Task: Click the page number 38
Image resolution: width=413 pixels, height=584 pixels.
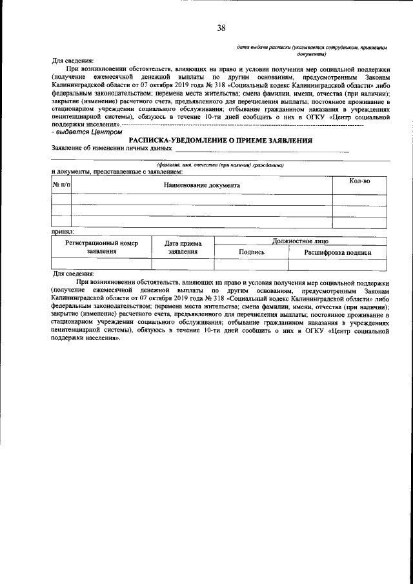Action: [221, 28]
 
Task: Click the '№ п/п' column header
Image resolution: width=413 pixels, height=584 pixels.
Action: [61, 185]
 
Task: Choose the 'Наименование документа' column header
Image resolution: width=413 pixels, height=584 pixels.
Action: [201, 185]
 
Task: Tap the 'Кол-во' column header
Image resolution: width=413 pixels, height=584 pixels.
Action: [359, 181]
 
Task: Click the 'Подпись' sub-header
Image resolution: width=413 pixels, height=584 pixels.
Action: [252, 252]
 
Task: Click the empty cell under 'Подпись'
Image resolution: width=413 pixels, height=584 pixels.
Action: [252, 263]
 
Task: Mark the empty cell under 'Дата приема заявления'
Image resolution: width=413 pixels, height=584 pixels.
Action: [183, 263]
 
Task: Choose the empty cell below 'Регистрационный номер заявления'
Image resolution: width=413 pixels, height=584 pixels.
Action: [101, 263]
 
